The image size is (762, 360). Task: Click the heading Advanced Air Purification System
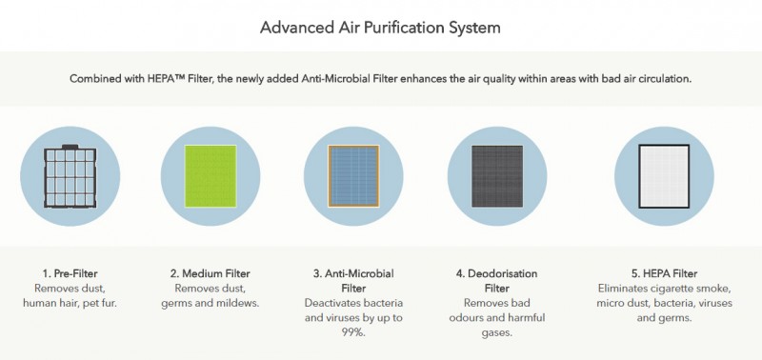click(381, 27)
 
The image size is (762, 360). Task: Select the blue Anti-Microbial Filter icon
click(353, 175)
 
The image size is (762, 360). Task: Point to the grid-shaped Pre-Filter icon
click(70, 175)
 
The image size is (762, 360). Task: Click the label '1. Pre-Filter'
click(70, 273)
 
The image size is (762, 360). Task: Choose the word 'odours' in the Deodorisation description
click(479, 317)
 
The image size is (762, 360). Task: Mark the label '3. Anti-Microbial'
click(353, 273)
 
